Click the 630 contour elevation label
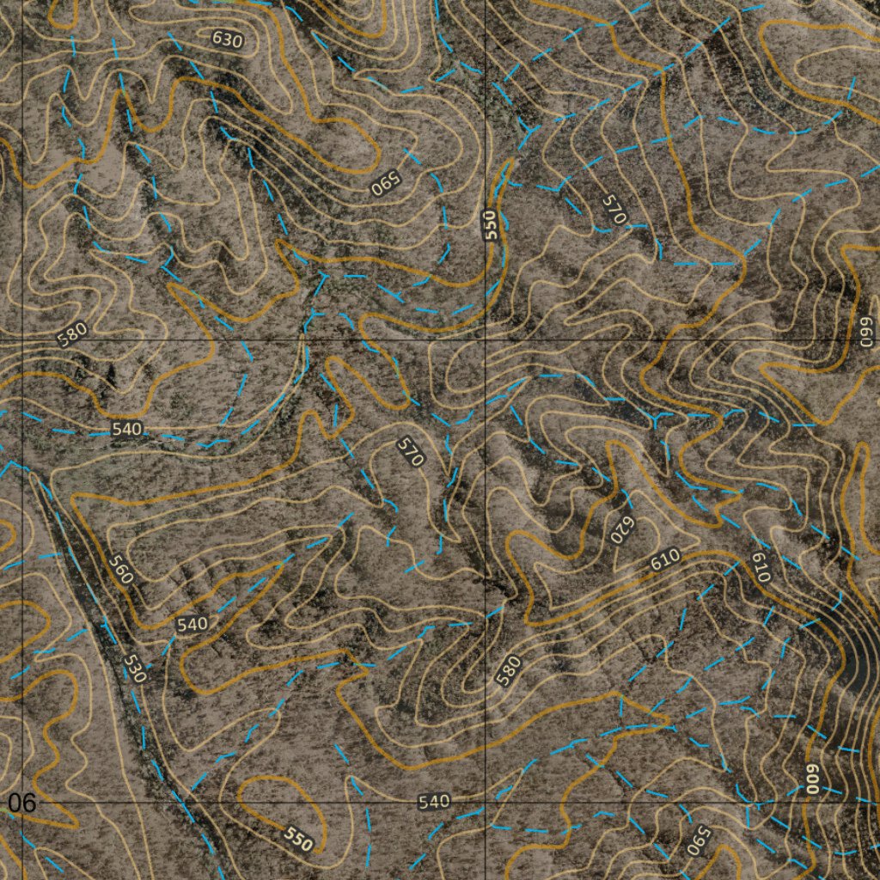[x=227, y=39]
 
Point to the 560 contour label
[x=121, y=570]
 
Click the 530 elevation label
[x=134, y=668]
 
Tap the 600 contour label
[x=811, y=777]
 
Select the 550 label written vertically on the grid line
[x=491, y=225]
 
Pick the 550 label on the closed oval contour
[x=298, y=839]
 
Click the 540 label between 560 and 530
[x=192, y=624]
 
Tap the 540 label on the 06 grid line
[x=434, y=802]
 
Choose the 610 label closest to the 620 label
[x=665, y=559]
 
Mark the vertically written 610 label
[x=760, y=567]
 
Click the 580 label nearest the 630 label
[x=73, y=333]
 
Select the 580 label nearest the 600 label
[x=509, y=670]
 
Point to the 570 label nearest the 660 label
[x=612, y=209]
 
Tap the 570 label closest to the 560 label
[x=411, y=452]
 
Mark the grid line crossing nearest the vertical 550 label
[x=486, y=341]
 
